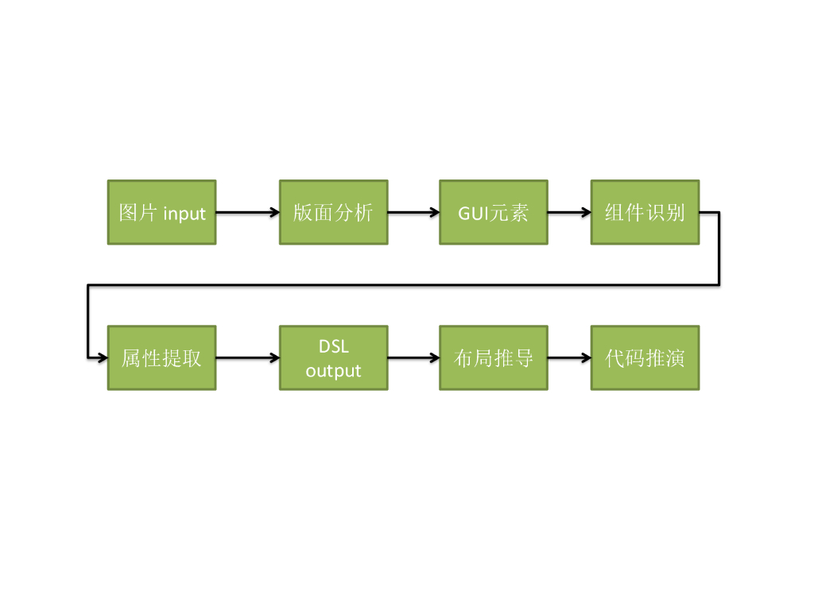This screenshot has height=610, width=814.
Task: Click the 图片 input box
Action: (162, 212)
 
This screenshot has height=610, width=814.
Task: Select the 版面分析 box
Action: (333, 212)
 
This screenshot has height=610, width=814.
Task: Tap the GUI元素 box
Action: (494, 212)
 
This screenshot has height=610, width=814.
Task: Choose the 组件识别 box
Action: (645, 212)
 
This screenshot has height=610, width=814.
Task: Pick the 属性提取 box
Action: (162, 357)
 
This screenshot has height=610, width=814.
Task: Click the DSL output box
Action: (333, 357)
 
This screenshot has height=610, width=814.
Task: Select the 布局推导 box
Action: (494, 357)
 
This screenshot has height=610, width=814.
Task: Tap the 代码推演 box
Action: (645, 357)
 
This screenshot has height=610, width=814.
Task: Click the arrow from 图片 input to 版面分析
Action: (247, 212)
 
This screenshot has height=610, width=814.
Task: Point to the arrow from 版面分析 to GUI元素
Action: (413, 212)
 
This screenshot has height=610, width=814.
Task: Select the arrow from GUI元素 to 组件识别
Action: (569, 212)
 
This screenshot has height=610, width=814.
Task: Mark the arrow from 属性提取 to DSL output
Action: (247, 357)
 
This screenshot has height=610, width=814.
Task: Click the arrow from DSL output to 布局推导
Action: (413, 357)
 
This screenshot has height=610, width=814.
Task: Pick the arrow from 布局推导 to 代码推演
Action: (569, 357)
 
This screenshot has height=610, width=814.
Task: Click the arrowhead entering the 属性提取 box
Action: (103, 357)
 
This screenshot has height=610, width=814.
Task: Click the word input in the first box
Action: (184, 214)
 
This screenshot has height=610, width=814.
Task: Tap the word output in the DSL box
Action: (333, 371)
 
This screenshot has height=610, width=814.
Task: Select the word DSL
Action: (334, 347)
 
